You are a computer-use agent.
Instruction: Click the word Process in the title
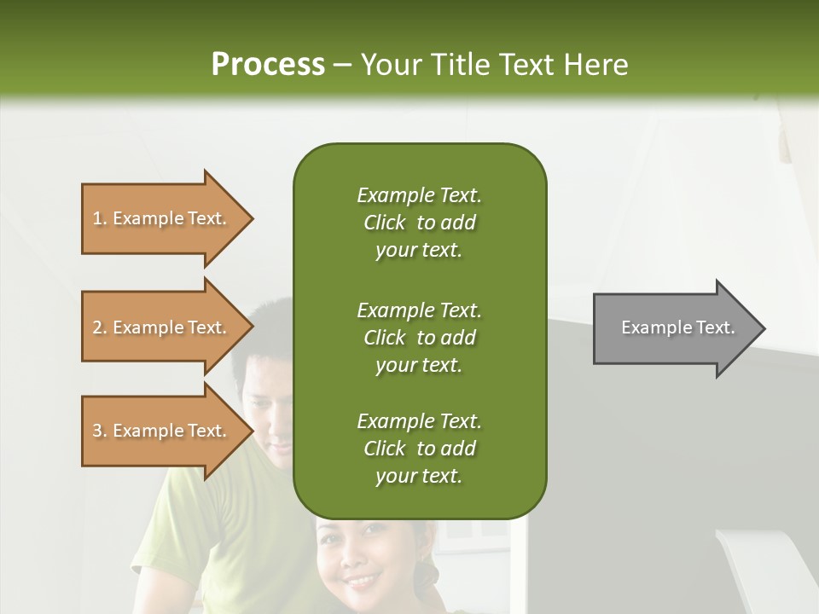[268, 65]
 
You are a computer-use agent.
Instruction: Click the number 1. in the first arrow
[100, 218]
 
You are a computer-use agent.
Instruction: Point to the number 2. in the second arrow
[100, 327]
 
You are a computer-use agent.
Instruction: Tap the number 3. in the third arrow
[100, 431]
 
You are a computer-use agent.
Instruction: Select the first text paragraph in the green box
[419, 223]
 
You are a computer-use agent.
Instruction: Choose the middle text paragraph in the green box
[419, 338]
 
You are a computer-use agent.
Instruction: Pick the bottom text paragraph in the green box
[419, 449]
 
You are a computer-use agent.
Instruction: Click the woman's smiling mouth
[363, 582]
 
